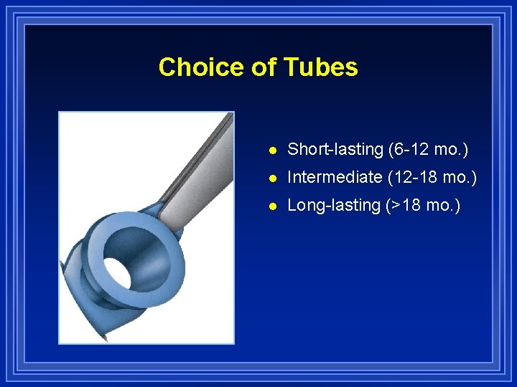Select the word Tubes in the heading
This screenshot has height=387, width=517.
[x=320, y=67]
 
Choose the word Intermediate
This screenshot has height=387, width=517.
[x=335, y=177]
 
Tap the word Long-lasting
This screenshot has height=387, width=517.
[x=334, y=205]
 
